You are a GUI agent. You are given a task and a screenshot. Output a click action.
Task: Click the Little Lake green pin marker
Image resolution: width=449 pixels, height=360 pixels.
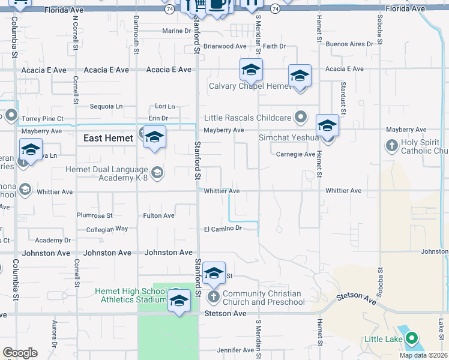click(x=411, y=339)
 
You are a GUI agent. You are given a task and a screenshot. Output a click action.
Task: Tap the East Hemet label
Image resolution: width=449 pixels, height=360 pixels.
click(x=109, y=138)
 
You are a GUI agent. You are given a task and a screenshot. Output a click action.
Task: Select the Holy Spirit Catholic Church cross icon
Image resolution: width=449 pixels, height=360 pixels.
click(x=391, y=145)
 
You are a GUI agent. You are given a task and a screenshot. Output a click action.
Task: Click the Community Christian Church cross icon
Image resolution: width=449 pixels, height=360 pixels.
click(x=214, y=296)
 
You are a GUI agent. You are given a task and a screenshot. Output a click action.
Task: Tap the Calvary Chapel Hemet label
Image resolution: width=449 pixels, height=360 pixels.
click(x=250, y=86)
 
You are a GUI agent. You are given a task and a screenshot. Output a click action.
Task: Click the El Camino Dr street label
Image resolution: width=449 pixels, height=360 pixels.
click(x=222, y=229)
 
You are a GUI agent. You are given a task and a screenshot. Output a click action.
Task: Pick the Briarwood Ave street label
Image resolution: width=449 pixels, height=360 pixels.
click(x=225, y=46)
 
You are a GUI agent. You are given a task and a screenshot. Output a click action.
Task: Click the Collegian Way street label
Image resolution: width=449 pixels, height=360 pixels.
click(x=107, y=229)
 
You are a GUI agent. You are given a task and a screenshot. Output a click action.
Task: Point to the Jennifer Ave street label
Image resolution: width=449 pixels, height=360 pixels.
click(x=237, y=350)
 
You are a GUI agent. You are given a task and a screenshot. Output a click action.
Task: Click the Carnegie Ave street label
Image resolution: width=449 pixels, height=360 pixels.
click(x=295, y=154)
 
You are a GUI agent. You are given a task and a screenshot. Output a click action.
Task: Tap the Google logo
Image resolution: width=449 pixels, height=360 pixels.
click(x=19, y=353)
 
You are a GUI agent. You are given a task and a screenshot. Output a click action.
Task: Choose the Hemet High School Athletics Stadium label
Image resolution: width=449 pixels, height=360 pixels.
click(x=130, y=295)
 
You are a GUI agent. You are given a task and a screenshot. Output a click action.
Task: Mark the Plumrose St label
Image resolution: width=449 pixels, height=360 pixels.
click(x=94, y=215)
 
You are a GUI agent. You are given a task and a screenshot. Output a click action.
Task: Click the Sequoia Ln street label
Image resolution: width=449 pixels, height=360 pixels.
click(x=105, y=106)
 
